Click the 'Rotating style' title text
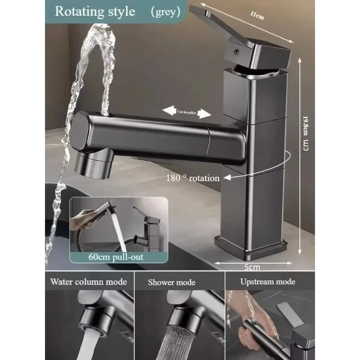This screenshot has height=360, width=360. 94,11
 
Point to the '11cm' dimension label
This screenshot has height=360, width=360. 257,16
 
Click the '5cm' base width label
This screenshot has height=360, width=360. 252,267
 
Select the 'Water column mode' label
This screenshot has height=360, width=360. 89,282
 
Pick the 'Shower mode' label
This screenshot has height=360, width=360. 171,283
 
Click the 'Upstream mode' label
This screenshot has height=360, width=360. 267,282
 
